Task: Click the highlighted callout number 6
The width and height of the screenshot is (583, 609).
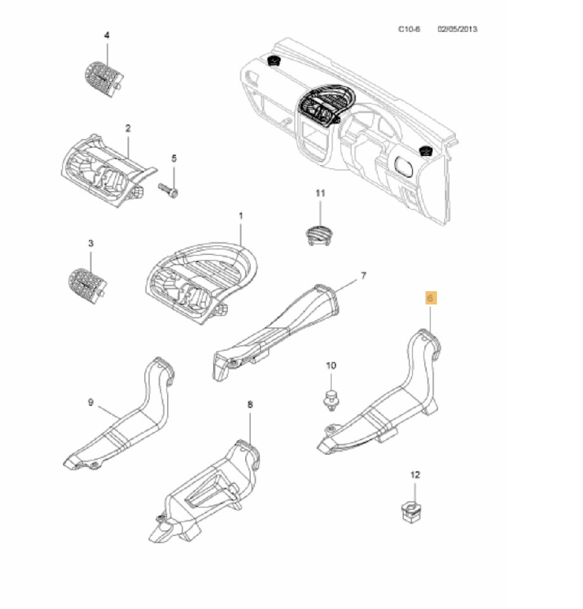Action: [x=430, y=298]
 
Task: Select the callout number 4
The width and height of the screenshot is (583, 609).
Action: [x=107, y=36]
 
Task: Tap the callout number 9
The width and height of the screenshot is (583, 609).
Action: [x=90, y=402]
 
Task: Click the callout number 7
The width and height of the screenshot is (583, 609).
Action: [x=363, y=275]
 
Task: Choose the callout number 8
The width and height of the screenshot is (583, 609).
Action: [x=250, y=403]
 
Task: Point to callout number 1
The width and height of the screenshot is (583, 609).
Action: [x=241, y=216]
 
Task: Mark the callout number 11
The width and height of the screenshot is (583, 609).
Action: [x=320, y=192]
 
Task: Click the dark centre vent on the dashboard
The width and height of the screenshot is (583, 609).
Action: [x=321, y=105]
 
